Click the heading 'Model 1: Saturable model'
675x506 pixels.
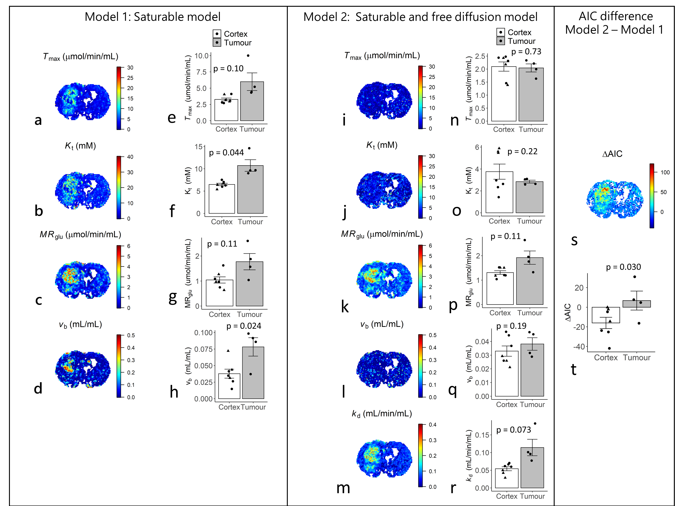click(x=152, y=17)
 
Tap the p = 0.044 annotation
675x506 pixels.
click(x=226, y=152)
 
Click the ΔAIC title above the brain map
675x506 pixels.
click(x=612, y=154)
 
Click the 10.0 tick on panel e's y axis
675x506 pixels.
click(x=201, y=56)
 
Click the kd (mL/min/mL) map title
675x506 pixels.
click(x=382, y=414)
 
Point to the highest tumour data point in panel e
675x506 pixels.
click(x=248, y=56)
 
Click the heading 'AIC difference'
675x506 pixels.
click(x=616, y=16)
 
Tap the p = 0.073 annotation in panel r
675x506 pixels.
click(x=514, y=430)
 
